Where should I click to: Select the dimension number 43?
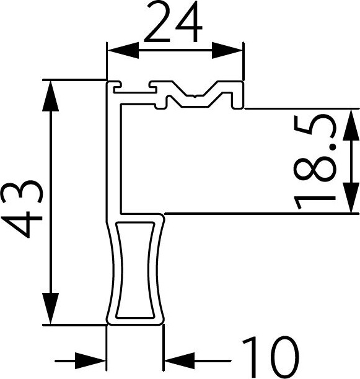click(22, 209)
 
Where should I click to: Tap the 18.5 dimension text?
click(315, 162)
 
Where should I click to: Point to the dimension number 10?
click(271, 357)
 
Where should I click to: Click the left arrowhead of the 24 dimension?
click(123, 51)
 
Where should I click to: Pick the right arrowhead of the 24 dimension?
click(227, 51)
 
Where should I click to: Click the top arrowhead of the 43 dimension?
click(51, 96)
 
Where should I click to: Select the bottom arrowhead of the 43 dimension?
click(51, 308)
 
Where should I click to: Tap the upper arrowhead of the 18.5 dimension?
click(351, 124)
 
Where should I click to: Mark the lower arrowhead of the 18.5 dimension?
click(351, 198)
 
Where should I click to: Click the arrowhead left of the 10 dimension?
click(90, 361)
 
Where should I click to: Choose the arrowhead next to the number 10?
click(180, 361)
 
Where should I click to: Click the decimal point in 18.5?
click(333, 147)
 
